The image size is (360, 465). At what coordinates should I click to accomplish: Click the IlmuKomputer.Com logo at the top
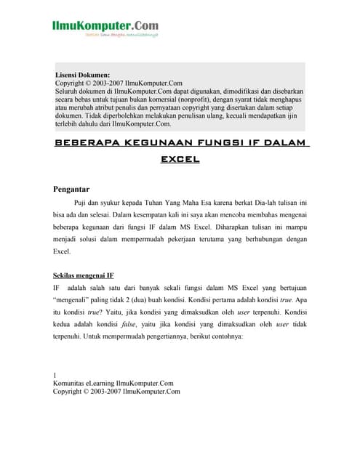105,28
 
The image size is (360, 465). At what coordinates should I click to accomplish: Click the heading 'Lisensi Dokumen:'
83,75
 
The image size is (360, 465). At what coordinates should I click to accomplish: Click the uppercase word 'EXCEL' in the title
180,158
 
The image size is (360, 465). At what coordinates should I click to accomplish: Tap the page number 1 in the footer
55,376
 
